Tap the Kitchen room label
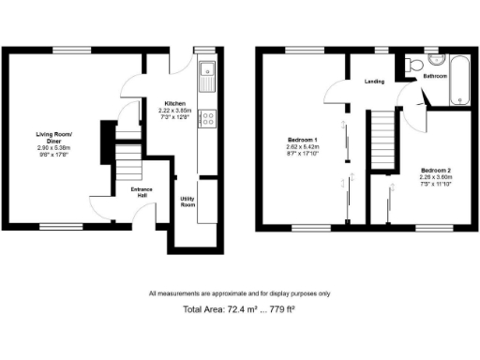(175, 103)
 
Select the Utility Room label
(188, 202)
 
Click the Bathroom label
(435, 75)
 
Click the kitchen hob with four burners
(208, 119)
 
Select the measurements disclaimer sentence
(240, 293)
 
